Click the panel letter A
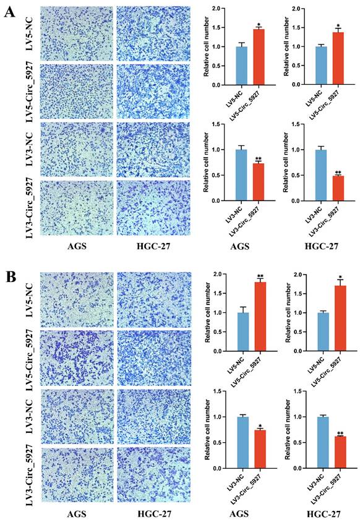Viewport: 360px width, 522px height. click(x=9, y=12)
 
